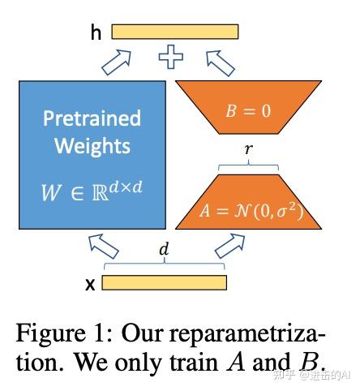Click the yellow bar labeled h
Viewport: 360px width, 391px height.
174,32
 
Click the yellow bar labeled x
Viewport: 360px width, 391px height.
164,282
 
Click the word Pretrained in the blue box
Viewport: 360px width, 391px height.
92,118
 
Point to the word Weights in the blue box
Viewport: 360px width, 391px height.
92,146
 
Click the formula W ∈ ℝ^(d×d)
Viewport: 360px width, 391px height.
92,193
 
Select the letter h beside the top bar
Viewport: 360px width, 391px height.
96,32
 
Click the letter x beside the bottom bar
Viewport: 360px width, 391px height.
91,284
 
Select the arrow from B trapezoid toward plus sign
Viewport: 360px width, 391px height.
220,59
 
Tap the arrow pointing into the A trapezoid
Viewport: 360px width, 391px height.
229,244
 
